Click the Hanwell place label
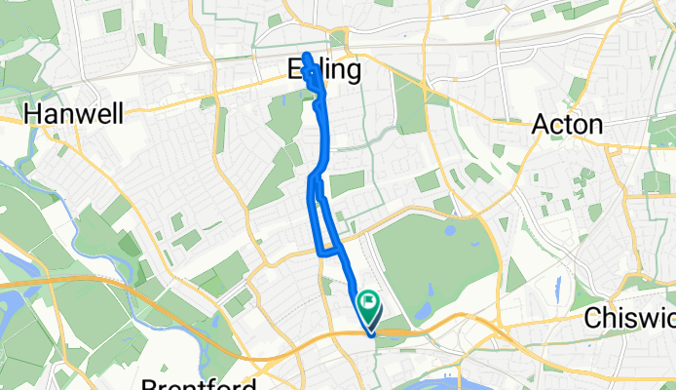coord(74,115)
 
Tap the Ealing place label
coord(324,70)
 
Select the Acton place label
coord(569,124)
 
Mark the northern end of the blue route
coord(306,56)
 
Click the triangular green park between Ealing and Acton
coord(410,112)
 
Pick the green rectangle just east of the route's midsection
coord(347,183)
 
